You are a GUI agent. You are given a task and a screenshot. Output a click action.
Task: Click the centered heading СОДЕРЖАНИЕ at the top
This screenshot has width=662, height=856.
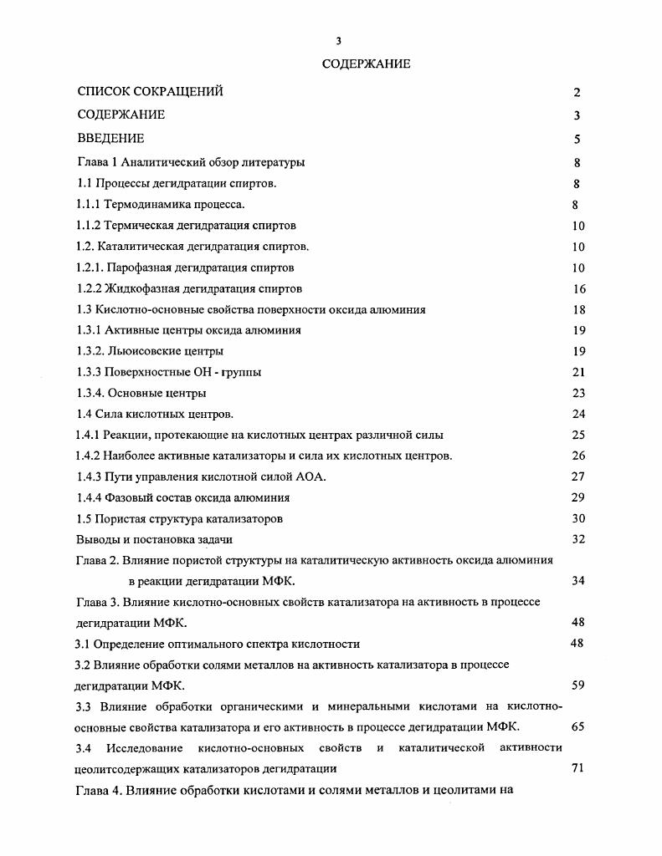(366, 64)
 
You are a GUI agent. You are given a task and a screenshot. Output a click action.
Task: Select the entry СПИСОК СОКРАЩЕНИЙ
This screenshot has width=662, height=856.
(150, 92)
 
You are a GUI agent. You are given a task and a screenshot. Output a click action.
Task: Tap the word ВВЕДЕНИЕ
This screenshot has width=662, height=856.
(110, 138)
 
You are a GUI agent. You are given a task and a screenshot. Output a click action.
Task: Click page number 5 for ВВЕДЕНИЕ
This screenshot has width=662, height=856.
(577, 140)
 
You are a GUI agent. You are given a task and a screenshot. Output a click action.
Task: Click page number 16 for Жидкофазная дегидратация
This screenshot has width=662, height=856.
(578, 289)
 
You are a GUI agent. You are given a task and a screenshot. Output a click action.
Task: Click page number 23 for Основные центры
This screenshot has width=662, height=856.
(578, 394)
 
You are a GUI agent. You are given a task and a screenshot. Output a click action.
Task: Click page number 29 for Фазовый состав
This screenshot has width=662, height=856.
(578, 498)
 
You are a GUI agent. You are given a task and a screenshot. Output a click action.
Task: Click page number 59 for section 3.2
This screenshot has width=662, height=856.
(578, 685)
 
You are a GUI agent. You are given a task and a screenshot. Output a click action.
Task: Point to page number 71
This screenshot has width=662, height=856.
(578, 768)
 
